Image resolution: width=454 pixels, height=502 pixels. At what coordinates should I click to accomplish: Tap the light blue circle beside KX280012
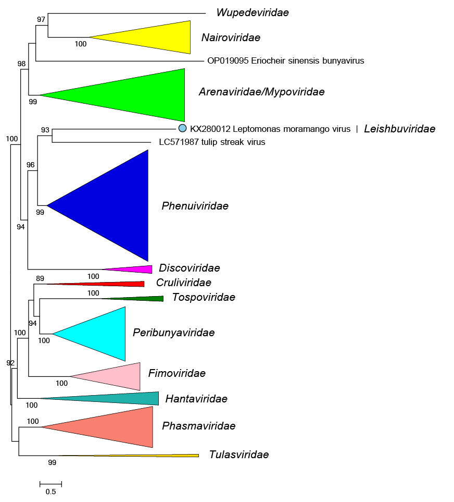(182, 128)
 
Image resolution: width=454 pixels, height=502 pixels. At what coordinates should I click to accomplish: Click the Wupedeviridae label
(253, 13)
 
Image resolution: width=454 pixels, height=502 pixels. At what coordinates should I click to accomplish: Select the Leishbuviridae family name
(400, 129)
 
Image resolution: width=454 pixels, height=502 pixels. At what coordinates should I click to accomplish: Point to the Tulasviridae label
(239, 454)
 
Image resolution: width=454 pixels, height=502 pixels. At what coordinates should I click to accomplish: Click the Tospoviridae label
(204, 297)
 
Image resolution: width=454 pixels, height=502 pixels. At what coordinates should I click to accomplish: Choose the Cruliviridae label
(183, 283)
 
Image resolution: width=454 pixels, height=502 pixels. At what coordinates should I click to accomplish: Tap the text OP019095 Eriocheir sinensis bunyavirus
(286, 60)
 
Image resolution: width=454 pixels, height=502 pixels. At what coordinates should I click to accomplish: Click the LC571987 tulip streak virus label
(212, 142)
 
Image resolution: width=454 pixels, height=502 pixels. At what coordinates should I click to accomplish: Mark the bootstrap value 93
(45, 130)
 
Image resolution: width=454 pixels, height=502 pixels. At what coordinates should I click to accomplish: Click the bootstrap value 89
(40, 278)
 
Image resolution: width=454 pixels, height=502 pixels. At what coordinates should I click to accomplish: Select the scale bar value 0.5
(51, 492)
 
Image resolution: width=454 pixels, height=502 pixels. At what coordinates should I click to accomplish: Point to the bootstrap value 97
(41, 19)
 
